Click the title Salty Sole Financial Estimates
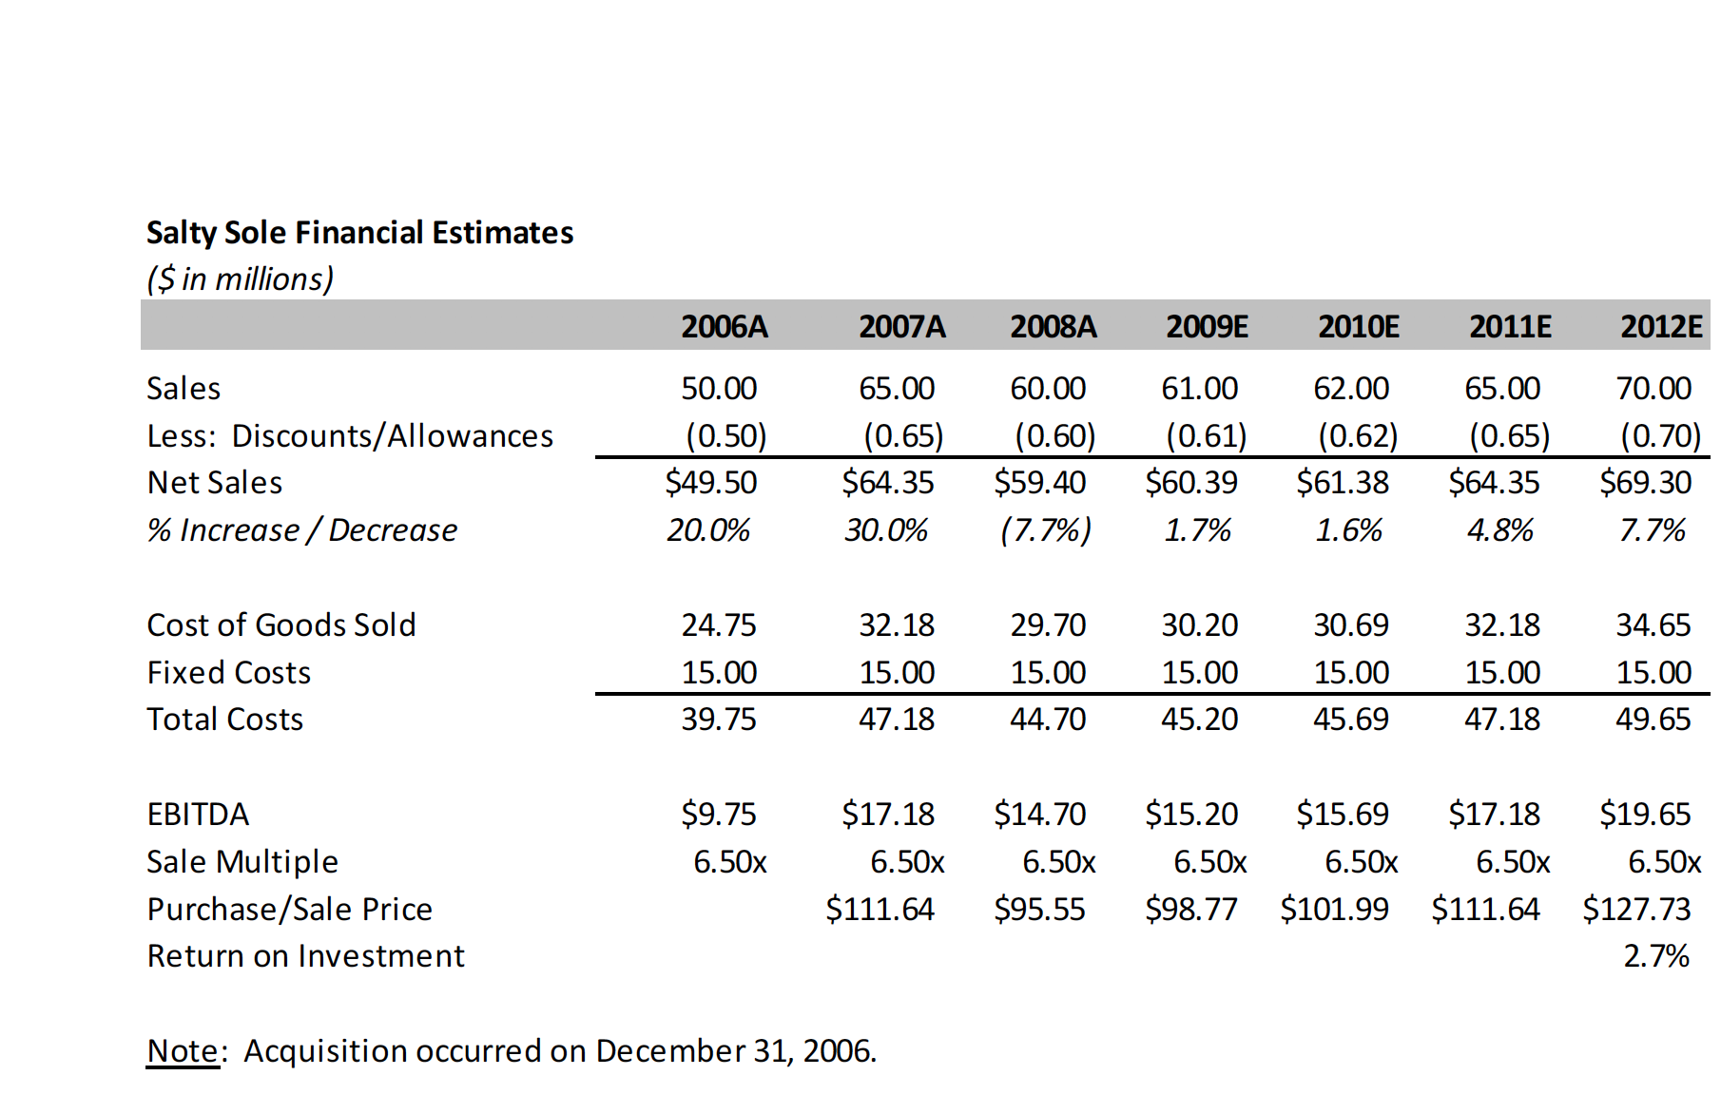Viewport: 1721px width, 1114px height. [359, 233]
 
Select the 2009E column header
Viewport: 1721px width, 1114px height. [1207, 327]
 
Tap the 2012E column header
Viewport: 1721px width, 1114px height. [1660, 327]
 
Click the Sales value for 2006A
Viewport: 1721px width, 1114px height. [719, 389]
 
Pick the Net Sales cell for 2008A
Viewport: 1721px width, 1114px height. [1039, 483]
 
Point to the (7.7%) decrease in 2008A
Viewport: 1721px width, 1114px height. [1045, 530]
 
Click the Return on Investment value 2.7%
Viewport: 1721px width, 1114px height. [1655, 956]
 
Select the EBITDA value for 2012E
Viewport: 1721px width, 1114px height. [1645, 815]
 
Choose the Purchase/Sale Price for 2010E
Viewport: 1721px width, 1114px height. [1334, 910]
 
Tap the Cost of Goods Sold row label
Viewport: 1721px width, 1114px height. [281, 625]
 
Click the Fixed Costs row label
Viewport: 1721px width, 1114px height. [229, 673]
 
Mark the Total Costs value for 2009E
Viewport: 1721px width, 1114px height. [1199, 720]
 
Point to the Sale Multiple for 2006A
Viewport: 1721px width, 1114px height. [729, 862]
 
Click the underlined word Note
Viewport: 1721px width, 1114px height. [183, 1051]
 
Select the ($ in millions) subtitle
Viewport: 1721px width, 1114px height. [241, 279]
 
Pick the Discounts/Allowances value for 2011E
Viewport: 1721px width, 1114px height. [1509, 436]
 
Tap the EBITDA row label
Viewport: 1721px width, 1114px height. [198, 815]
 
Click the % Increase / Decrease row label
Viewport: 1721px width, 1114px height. [302, 530]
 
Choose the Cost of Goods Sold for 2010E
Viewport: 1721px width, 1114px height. [1350, 625]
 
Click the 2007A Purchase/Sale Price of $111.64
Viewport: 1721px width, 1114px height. [880, 910]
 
